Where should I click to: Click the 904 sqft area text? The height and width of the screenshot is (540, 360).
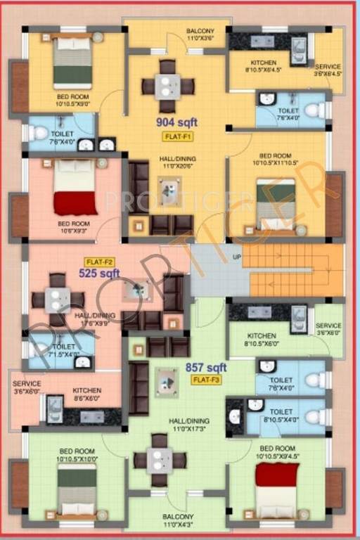click(x=176, y=122)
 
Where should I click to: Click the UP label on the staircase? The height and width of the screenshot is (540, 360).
click(x=237, y=257)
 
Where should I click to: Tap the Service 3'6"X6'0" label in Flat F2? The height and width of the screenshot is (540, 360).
click(x=27, y=387)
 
